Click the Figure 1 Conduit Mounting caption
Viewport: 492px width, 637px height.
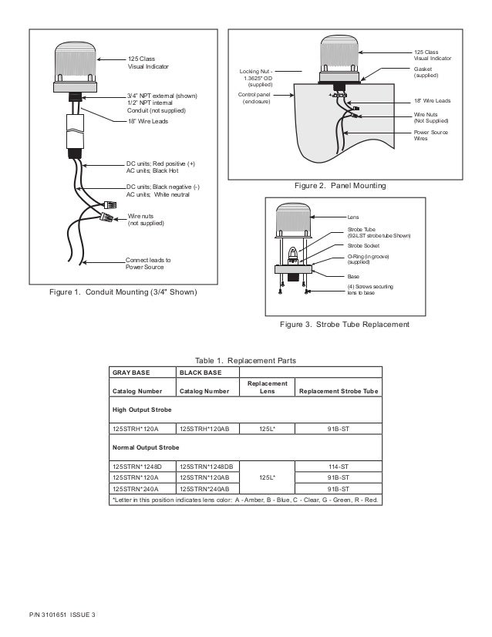(x=123, y=293)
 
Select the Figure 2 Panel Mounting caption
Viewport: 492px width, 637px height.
(x=340, y=186)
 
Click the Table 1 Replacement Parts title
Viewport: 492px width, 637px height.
(x=245, y=360)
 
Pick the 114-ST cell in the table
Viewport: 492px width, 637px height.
(x=338, y=466)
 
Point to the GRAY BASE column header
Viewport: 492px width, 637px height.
(x=130, y=372)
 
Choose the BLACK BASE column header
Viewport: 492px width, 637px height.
(x=201, y=372)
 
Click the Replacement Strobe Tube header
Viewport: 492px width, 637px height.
(x=338, y=392)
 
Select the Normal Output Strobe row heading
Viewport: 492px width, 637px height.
(x=144, y=447)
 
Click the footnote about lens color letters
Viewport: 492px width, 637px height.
(x=245, y=499)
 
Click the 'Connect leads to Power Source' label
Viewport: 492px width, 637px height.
(x=148, y=264)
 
